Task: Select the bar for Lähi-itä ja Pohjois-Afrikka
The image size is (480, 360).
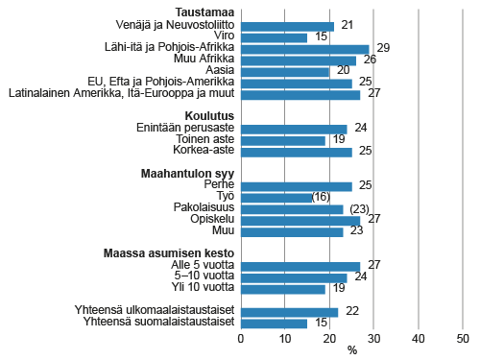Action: point(304,49)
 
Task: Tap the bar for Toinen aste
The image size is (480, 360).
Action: point(282,140)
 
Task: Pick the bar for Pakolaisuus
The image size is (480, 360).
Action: point(291,208)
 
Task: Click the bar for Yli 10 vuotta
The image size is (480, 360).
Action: point(282,288)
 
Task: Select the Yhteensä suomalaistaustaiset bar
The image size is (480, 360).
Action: point(274,323)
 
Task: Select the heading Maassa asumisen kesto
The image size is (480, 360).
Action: point(170,252)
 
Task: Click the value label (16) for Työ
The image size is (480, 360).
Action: point(327,197)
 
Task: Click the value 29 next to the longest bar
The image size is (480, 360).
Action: point(382,49)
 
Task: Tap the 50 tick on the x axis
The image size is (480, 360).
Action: point(463,339)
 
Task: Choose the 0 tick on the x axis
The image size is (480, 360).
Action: point(240,339)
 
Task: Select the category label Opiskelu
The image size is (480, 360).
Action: point(210,220)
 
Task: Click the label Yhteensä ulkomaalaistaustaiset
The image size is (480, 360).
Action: point(154,311)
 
